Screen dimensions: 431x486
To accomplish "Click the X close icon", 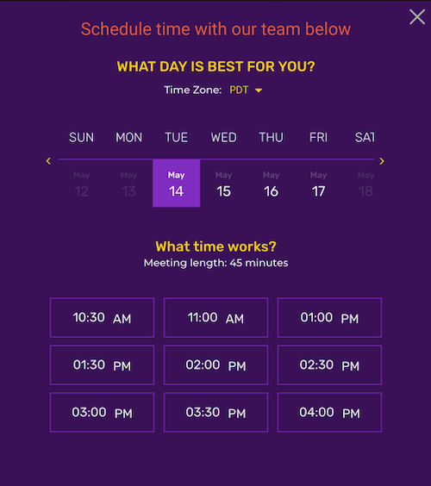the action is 417,16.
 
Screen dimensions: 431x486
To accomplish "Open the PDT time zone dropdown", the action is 246,90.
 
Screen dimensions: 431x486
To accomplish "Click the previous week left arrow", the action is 48,161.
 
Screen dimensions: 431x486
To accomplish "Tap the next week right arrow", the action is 382,161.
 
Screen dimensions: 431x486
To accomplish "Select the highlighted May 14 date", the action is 176,184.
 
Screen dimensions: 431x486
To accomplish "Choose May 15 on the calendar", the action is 223,184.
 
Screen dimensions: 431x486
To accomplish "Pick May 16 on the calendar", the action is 271,184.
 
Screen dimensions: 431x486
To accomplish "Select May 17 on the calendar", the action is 318,184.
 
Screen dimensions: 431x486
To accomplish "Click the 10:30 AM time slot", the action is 102,318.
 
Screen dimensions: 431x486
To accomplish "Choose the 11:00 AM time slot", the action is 215,318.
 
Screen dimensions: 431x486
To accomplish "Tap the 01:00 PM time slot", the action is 329,318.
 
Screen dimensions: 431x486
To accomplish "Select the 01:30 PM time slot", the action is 102,365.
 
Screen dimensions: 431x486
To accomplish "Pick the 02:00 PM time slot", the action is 215,365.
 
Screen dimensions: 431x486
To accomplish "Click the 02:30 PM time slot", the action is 329,365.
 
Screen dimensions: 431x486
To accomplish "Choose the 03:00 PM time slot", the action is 102,412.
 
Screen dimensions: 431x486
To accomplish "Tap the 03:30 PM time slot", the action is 215,412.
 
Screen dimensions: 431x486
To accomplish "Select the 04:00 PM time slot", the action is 329,412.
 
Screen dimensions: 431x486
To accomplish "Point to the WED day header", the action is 223,137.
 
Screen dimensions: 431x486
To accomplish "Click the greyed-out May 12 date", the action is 82,184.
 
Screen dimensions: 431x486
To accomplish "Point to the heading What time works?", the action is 215,246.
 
